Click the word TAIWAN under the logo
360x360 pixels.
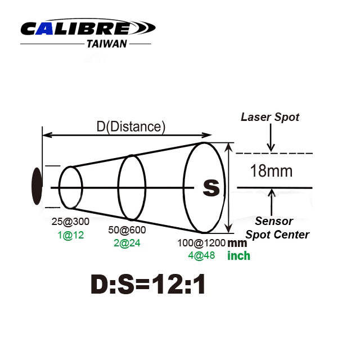pos(107,44)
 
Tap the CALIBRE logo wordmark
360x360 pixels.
pos(88,28)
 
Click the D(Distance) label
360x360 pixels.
pos(131,127)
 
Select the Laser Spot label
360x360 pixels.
pos(270,117)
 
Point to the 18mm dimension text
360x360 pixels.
pos(271,171)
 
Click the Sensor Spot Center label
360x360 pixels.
pos(277,228)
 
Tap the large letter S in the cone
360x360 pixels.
pos(211,187)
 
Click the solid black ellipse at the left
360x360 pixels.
pos(37,186)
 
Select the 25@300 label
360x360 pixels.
pos(70,222)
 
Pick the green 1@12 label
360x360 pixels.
pos(70,235)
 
